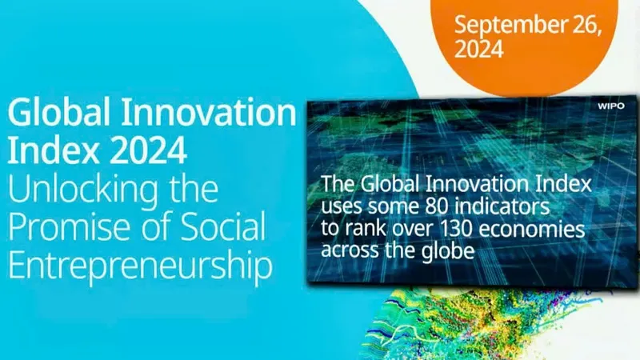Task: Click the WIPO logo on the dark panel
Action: point(611,106)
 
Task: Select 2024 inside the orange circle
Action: point(478,49)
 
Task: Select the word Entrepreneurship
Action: point(140,266)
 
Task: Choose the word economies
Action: point(532,229)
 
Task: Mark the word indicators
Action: point(502,206)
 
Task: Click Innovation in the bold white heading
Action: point(209,112)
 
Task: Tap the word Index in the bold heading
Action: point(54,150)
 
